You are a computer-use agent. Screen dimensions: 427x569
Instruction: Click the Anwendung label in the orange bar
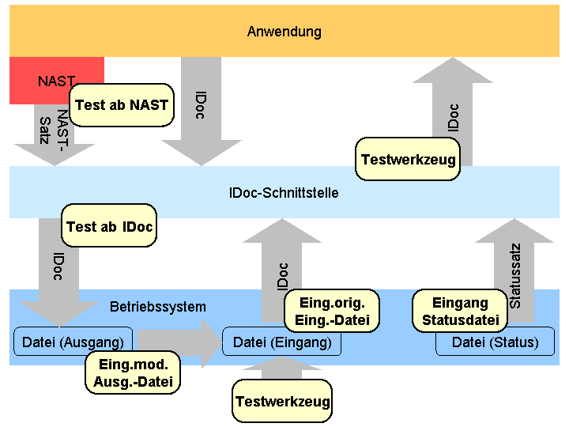coord(284,32)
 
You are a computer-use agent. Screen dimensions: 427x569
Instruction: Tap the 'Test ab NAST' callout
coord(122,105)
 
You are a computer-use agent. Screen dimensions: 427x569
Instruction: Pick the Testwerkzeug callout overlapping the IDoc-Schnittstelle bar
coord(408,159)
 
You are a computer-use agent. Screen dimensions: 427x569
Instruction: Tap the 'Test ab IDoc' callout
coord(109,227)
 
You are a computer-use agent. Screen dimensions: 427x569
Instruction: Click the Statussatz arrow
coord(514,261)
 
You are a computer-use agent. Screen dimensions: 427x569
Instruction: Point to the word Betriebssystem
coord(157,307)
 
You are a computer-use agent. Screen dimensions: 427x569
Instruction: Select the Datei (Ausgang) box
coord(73,342)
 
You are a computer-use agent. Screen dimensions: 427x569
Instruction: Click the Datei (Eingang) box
coord(282,342)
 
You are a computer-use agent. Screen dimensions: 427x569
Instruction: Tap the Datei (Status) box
coord(495,342)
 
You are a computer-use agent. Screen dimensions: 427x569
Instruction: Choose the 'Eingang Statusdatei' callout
coord(460,311)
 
